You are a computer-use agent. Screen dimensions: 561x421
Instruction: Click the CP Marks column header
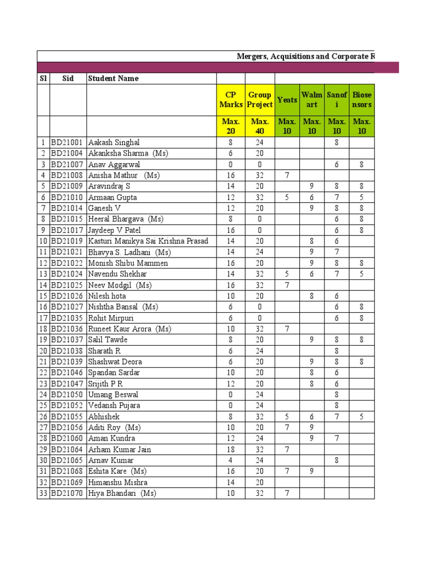point(231,100)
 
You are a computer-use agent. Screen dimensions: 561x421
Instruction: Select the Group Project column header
point(260,100)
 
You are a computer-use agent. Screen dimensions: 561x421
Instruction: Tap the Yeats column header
point(287,100)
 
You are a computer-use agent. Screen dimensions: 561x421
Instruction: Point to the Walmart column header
point(312,100)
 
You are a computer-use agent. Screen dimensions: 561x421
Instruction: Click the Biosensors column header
point(362,100)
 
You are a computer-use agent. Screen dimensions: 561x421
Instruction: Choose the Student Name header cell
point(113,78)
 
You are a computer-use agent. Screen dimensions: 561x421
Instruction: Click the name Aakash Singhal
point(114,142)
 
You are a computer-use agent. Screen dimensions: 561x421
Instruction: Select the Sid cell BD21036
point(68,329)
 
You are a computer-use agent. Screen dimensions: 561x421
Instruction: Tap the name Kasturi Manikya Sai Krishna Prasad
point(148,241)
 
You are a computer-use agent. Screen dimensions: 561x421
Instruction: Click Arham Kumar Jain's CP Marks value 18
point(231,449)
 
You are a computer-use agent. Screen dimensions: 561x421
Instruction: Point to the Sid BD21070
point(68,493)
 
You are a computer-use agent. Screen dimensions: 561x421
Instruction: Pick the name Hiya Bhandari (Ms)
point(122,493)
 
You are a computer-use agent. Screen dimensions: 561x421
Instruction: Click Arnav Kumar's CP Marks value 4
point(231,460)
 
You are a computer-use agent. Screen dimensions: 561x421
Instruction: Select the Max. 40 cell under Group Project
point(260,126)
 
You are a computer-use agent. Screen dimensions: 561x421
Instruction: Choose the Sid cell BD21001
point(68,142)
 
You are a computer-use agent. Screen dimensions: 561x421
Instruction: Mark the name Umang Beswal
point(113,394)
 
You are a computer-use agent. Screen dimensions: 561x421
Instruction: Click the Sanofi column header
point(337,100)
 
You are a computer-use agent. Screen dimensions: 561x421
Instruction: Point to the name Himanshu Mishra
point(118,482)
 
